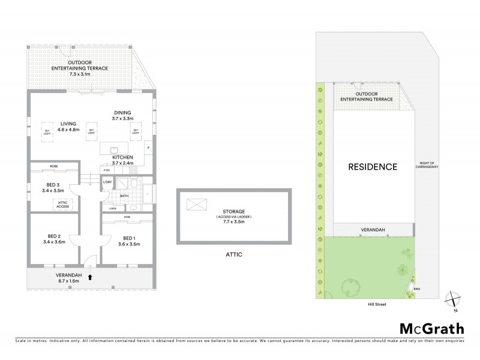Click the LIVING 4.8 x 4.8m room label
coord(69,126)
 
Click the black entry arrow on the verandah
coord(91,277)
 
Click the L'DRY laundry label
coord(109,182)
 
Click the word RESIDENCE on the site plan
coord(373,167)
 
